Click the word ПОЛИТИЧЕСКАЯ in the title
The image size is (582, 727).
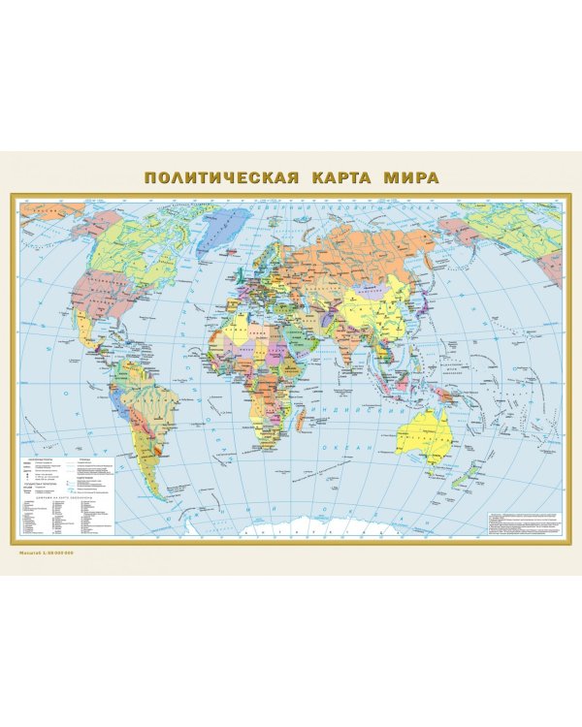coord(221,179)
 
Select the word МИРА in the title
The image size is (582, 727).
coord(411,179)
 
